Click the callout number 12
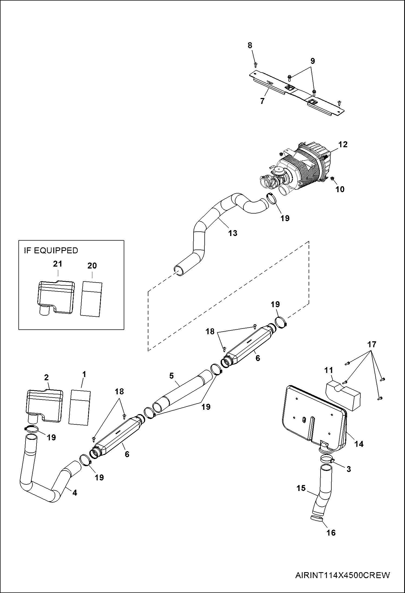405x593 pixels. coord(343,145)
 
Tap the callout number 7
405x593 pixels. coord(262,101)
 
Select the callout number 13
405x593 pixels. coord(233,233)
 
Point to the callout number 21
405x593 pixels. coord(57,264)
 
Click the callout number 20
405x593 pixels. coord(92,266)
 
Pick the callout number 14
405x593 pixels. coord(359,444)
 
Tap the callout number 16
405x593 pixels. coord(331,533)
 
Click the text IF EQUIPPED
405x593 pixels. coord(51,251)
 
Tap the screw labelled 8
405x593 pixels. coord(256,64)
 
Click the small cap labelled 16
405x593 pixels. coord(316,518)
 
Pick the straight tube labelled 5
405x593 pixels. coord(184,392)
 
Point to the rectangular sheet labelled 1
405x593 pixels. coord(80,408)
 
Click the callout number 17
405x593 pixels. coord(372,345)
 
